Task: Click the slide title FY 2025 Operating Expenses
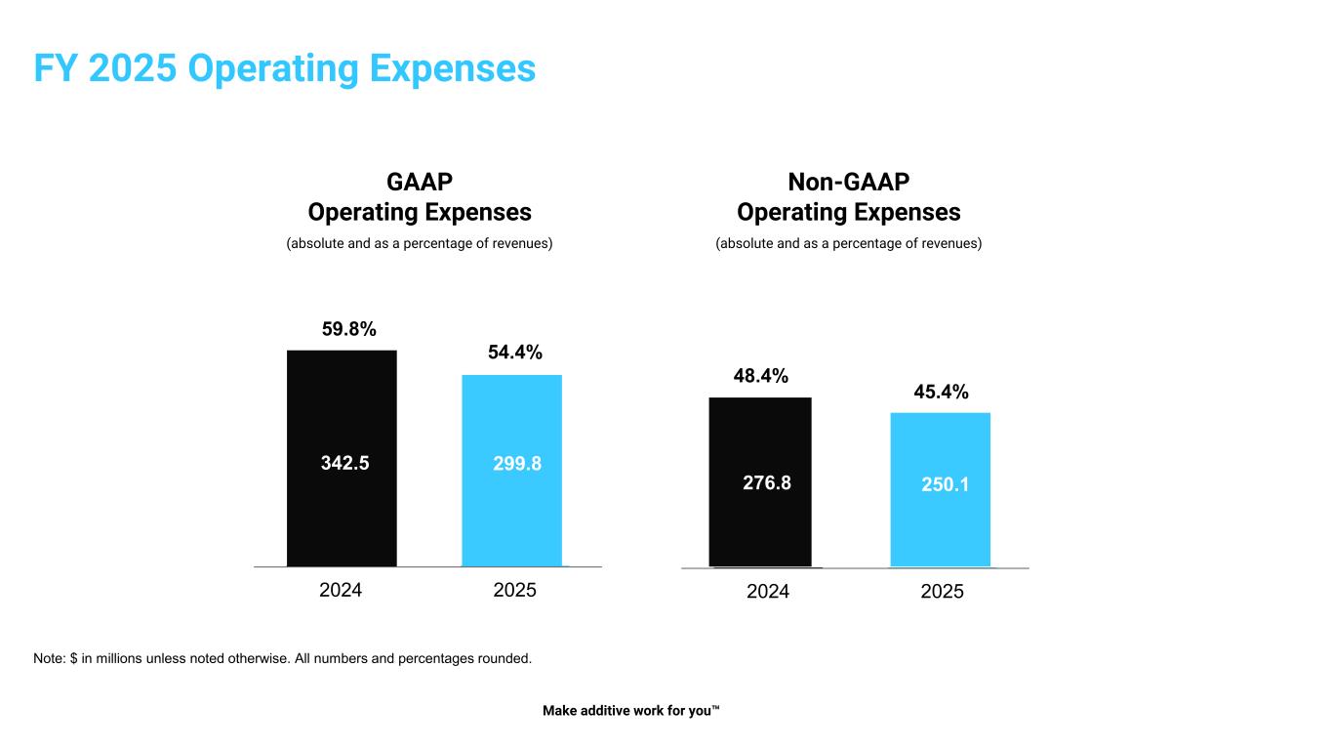pos(284,68)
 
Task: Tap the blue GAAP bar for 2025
pos(511,518)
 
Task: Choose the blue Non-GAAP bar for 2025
pos(940,527)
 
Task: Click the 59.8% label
pos(349,329)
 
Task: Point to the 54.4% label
pos(515,353)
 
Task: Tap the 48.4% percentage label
pos(761,376)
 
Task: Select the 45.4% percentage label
pos(941,392)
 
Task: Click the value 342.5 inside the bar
pos(345,464)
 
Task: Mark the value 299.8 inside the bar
pos(517,464)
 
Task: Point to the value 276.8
pos(767,482)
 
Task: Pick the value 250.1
pos(946,483)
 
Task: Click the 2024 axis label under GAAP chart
pos(341,590)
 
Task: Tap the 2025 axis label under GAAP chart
pos(515,590)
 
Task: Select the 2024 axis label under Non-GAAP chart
pos(768,591)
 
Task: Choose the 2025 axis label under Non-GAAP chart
pos(942,591)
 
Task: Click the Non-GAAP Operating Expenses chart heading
pos(848,197)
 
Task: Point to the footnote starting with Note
pos(282,658)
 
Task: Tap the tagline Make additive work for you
pos(630,711)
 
